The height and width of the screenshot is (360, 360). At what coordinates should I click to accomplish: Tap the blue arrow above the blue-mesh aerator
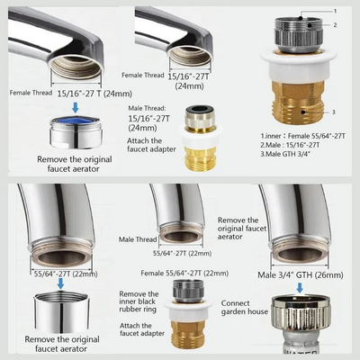[x=76, y=107]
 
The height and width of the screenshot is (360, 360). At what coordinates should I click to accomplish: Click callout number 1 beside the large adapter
[x=336, y=11]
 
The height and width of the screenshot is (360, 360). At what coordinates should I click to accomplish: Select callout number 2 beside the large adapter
[x=336, y=25]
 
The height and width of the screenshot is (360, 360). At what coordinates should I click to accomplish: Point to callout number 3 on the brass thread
[x=334, y=112]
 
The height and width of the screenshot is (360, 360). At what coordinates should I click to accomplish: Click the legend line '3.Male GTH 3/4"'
[x=285, y=154]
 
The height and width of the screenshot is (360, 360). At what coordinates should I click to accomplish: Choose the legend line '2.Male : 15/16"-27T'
[x=290, y=145]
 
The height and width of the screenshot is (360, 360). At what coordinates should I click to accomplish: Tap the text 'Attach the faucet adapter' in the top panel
[x=151, y=145]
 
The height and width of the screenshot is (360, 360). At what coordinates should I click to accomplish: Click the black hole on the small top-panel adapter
[x=200, y=108]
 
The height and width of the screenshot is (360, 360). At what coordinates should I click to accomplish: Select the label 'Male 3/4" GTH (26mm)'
[x=301, y=275]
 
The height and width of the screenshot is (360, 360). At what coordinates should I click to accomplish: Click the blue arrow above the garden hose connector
[x=300, y=288]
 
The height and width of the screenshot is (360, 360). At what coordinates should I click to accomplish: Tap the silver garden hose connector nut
[x=301, y=311]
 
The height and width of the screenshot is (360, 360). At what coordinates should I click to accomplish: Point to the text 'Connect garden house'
[x=245, y=308]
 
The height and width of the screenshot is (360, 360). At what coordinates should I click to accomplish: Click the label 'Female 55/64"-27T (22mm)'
[x=184, y=274]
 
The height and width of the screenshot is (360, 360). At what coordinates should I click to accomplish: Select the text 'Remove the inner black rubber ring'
[x=139, y=301]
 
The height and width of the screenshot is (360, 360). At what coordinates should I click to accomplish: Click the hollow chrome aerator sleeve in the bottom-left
[x=60, y=312]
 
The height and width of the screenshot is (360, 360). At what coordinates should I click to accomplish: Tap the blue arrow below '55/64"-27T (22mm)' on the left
[x=61, y=283]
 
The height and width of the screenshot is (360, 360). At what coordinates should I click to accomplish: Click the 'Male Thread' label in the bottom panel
[x=138, y=239]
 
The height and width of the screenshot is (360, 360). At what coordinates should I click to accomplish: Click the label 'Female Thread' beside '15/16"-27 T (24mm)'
[x=31, y=93]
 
